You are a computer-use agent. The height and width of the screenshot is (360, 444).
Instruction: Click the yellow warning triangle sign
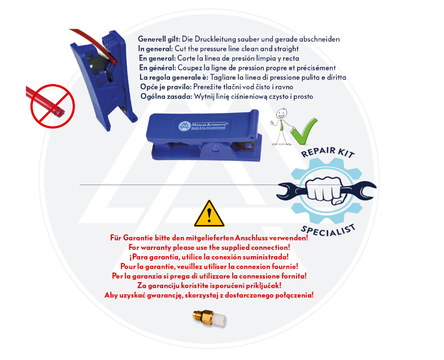point(209,214)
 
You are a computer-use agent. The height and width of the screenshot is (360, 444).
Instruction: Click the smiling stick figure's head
point(281,113)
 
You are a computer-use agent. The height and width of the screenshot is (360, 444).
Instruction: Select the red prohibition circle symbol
point(53,106)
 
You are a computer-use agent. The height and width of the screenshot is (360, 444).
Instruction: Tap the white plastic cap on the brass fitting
point(219,319)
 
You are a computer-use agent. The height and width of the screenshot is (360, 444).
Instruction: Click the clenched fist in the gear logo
point(326,190)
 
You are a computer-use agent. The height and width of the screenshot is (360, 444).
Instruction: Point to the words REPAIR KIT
point(328,152)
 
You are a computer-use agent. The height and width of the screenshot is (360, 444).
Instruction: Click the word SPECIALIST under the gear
point(328,230)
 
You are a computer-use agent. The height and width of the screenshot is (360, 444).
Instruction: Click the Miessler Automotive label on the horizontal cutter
point(203,126)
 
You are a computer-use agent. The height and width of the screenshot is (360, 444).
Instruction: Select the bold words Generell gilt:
point(159,39)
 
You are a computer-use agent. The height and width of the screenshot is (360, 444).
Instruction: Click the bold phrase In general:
point(155,49)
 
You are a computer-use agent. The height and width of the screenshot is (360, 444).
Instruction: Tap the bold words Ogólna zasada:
point(166,96)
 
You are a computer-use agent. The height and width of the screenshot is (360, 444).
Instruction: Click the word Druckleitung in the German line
point(215,39)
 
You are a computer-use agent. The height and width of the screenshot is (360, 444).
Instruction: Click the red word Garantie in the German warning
point(137,238)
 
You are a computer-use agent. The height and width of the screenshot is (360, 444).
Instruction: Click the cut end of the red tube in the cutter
point(114,61)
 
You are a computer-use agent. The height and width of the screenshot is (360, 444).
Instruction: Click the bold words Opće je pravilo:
point(166,87)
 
